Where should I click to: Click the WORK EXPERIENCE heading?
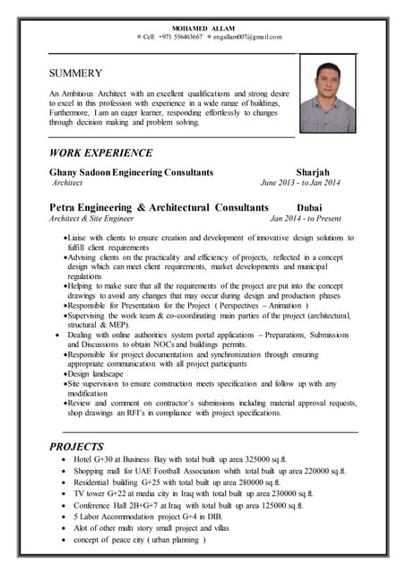point(101,152)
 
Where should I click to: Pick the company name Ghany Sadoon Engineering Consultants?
point(132,171)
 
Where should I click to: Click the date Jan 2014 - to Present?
point(306,217)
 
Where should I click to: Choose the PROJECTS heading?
point(77,446)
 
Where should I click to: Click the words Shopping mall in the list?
point(98,470)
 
